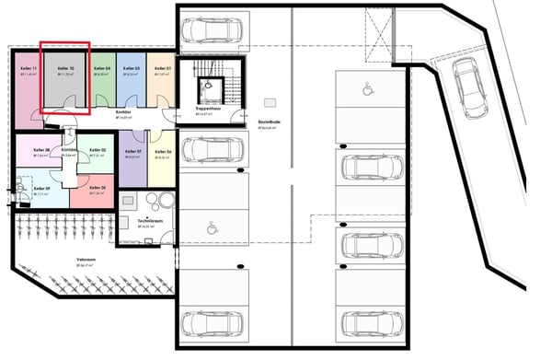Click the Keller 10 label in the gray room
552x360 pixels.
[x=64, y=69]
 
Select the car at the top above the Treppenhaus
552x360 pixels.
[x=212, y=30]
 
